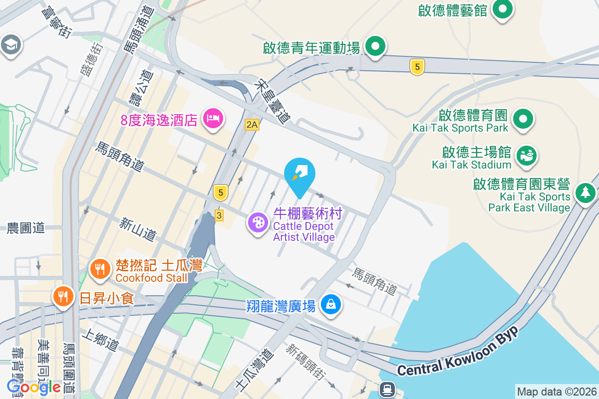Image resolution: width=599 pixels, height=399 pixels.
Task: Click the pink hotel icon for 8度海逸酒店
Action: pyautogui.click(x=214, y=119)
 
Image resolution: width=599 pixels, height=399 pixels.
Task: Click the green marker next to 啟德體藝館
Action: pyautogui.click(x=503, y=9)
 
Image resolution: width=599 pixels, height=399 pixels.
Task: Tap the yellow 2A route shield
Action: pyautogui.click(x=252, y=125)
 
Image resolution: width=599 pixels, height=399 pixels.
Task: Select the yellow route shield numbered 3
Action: pyautogui.click(x=219, y=215)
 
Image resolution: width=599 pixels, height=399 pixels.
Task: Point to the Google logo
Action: pyautogui.click(x=33, y=387)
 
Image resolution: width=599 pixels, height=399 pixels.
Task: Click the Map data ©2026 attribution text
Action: pyautogui.click(x=557, y=392)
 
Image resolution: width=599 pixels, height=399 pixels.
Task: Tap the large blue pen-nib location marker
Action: pyautogui.click(x=299, y=175)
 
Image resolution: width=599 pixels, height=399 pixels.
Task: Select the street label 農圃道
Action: pyautogui.click(x=26, y=228)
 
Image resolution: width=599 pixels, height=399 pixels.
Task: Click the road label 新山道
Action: pyautogui.click(x=138, y=229)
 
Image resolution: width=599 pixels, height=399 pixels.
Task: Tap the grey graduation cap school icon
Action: pyautogui.click(x=10, y=44)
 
